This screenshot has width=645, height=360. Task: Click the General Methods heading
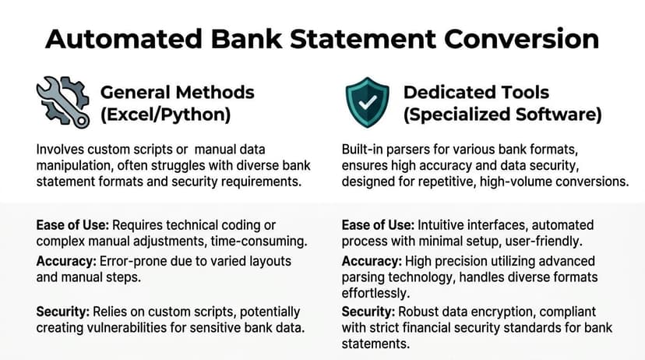[177, 92]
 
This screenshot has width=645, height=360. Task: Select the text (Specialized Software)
[502, 115]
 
